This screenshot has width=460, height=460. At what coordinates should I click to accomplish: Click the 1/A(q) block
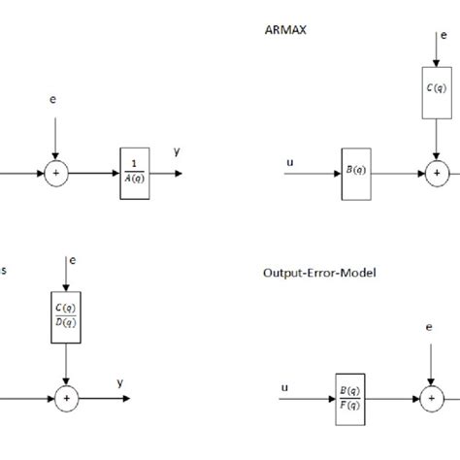133,174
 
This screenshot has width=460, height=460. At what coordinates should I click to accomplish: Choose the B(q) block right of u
357,174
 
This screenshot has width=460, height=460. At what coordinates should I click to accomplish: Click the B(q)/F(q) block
350,397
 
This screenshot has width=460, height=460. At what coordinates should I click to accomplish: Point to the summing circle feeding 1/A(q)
56,174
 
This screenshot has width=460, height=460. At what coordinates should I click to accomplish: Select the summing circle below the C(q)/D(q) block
64,396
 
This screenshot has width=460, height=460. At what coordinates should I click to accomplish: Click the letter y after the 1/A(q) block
177,151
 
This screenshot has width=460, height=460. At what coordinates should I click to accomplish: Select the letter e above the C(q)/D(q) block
71,262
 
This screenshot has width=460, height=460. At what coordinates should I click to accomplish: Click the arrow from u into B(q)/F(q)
308,397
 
